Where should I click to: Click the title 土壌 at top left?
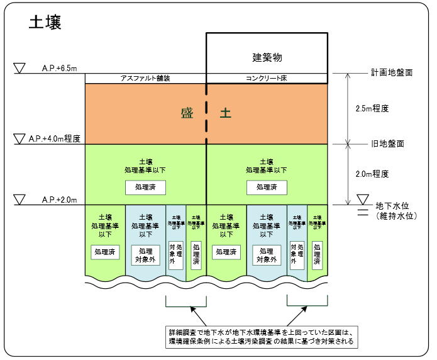pos(45,23)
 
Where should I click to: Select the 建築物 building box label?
pos(267,57)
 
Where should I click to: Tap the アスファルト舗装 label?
pos(145,78)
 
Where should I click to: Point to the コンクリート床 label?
pos(267,78)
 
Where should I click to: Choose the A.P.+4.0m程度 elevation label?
pos(61,138)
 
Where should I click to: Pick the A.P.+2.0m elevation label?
pos(60,200)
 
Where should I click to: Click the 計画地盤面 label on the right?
pos(392,72)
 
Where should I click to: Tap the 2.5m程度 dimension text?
pos(372,108)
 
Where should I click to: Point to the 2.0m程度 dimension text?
pos(372,174)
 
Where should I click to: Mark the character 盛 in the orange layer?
pos(187,113)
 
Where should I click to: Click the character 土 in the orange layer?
pos(225,113)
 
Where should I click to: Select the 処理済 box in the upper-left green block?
pos(145,186)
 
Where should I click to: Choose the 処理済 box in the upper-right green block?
pos(267,186)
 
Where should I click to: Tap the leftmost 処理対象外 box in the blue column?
pos(145,254)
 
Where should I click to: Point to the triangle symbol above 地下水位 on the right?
pos(362,200)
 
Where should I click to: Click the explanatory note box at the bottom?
pos(257,337)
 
